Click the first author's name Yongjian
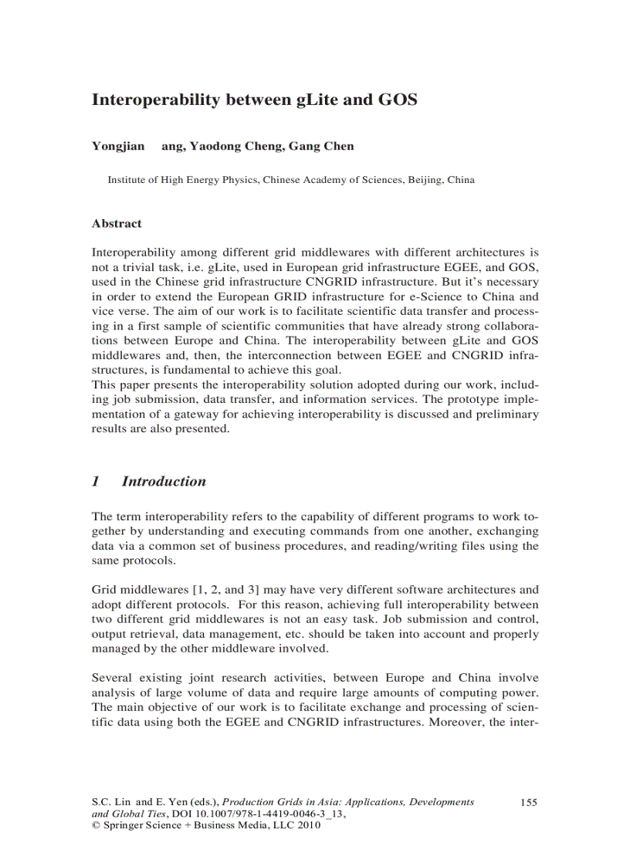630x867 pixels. (x=118, y=146)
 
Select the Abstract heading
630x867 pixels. (x=117, y=224)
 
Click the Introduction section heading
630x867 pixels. (x=164, y=482)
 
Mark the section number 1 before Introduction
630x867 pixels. (x=96, y=482)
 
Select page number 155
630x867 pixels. (x=528, y=802)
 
